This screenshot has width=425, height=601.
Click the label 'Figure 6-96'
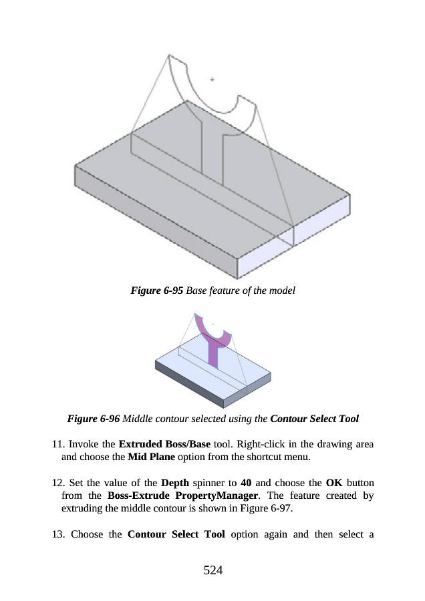click(94, 419)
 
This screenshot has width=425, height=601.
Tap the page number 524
click(212, 570)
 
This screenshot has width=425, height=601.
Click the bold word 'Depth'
click(175, 482)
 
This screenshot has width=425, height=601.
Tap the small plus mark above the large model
click(212, 79)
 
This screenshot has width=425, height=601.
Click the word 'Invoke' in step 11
click(86, 444)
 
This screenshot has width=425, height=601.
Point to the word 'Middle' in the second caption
click(138, 419)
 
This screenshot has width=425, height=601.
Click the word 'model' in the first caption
click(281, 291)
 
